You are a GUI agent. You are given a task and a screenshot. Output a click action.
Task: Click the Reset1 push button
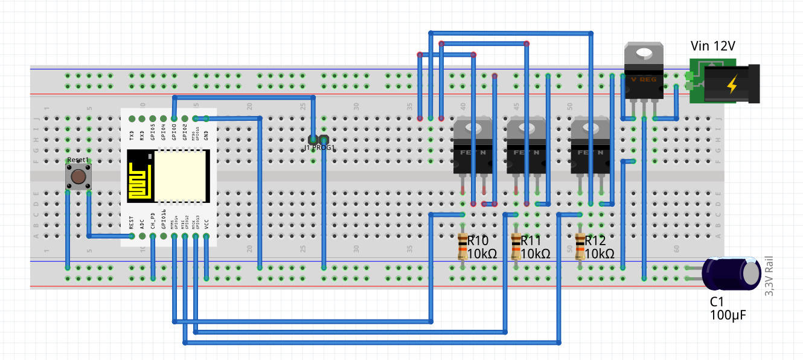pos(77,177)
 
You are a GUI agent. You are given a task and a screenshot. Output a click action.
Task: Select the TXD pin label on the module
pos(132,135)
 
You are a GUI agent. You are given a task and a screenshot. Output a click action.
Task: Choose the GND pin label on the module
pos(206,135)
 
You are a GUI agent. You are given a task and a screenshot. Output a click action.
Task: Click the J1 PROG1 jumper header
pos(318,140)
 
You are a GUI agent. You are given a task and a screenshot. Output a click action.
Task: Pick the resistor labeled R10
pos(462,247)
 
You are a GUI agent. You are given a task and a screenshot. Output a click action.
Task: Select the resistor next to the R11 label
pos(516,247)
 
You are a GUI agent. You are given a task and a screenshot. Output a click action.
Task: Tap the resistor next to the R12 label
pos(580,247)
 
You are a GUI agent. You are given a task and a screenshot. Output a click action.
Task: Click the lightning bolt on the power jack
pos(732,84)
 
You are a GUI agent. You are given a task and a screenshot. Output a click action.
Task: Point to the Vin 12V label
pos(712,47)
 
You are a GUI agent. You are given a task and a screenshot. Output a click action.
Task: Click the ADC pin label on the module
pos(142,223)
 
